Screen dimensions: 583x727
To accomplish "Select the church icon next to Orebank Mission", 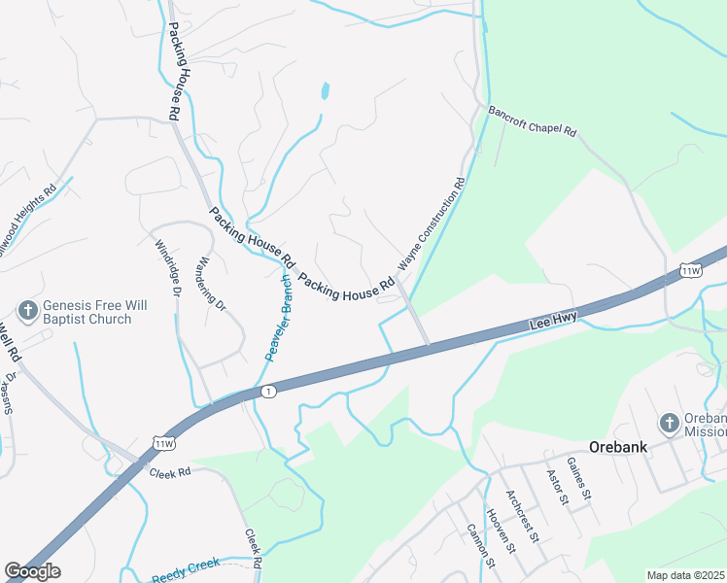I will pyautogui.click(x=669, y=423).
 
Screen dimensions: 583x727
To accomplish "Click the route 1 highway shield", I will pyautogui.click(x=268, y=391).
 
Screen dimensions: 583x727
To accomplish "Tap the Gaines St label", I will pyautogui.click(x=577, y=479).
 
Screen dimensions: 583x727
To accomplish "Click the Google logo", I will pyautogui.click(x=32, y=571).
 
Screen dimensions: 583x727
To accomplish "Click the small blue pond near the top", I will pyautogui.click(x=325, y=92).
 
